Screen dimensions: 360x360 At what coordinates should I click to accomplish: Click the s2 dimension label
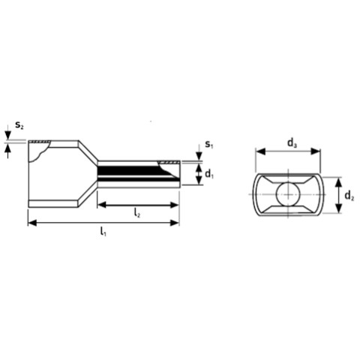click(x=19, y=124)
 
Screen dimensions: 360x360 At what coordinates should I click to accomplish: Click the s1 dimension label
click(x=209, y=144)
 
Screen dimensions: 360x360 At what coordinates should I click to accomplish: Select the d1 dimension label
click(x=209, y=173)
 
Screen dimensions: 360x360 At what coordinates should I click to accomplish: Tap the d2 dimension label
click(x=349, y=196)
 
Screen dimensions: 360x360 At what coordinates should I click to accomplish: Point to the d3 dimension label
click(x=292, y=143)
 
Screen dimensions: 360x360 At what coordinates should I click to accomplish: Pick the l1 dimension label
click(x=103, y=231)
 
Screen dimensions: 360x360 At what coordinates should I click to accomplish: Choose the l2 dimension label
click(x=137, y=213)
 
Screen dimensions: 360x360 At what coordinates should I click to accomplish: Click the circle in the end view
click(x=288, y=194)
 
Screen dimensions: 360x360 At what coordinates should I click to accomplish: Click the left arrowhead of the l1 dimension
click(x=32, y=223)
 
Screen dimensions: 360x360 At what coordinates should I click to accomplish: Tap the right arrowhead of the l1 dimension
click(x=175, y=223)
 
